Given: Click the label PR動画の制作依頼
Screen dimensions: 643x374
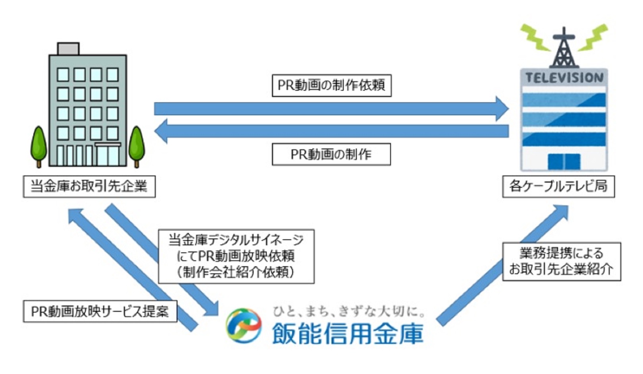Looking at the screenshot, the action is point(331,86).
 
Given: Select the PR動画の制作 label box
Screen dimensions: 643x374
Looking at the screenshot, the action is point(331,155).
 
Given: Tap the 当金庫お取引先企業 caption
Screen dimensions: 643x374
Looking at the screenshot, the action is point(89,187).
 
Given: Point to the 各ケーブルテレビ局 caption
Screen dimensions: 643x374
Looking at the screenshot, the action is point(558,187).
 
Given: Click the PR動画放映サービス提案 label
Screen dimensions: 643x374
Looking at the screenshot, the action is point(100,311).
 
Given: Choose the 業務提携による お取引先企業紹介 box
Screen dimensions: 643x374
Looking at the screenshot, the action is point(562,261).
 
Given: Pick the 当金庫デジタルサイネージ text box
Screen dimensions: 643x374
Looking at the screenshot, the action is point(236,256).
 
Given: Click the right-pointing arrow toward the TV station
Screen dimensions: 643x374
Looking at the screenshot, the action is point(331,109).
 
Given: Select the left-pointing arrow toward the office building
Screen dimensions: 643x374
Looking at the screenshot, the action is point(331,131).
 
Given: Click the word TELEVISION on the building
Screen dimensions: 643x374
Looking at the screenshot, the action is point(564,78).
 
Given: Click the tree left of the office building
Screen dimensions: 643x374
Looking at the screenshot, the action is point(39,147).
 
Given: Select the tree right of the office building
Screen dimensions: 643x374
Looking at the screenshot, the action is point(137,147).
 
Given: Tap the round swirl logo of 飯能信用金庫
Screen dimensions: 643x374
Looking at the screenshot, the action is point(244,325).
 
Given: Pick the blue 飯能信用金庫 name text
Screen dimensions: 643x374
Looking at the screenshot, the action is point(348,333).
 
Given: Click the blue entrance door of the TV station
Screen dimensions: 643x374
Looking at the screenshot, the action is point(564,162).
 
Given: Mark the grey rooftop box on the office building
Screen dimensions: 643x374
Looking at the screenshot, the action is point(68,49).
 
